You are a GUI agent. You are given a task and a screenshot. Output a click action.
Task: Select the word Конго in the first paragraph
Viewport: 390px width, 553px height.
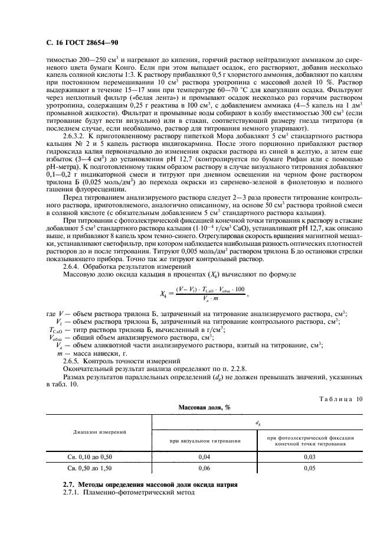coord(145,68)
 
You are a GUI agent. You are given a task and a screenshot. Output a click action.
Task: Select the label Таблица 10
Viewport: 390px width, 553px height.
coord(339,398)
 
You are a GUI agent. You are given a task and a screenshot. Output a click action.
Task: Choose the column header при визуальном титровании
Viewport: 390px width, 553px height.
coord(205,441)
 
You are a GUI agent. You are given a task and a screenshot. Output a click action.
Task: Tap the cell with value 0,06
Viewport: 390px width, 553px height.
coord(205,468)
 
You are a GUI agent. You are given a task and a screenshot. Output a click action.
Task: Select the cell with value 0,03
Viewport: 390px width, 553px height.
coord(310,457)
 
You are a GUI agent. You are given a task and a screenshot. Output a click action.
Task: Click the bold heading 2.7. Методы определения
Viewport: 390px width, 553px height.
coord(150,484)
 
